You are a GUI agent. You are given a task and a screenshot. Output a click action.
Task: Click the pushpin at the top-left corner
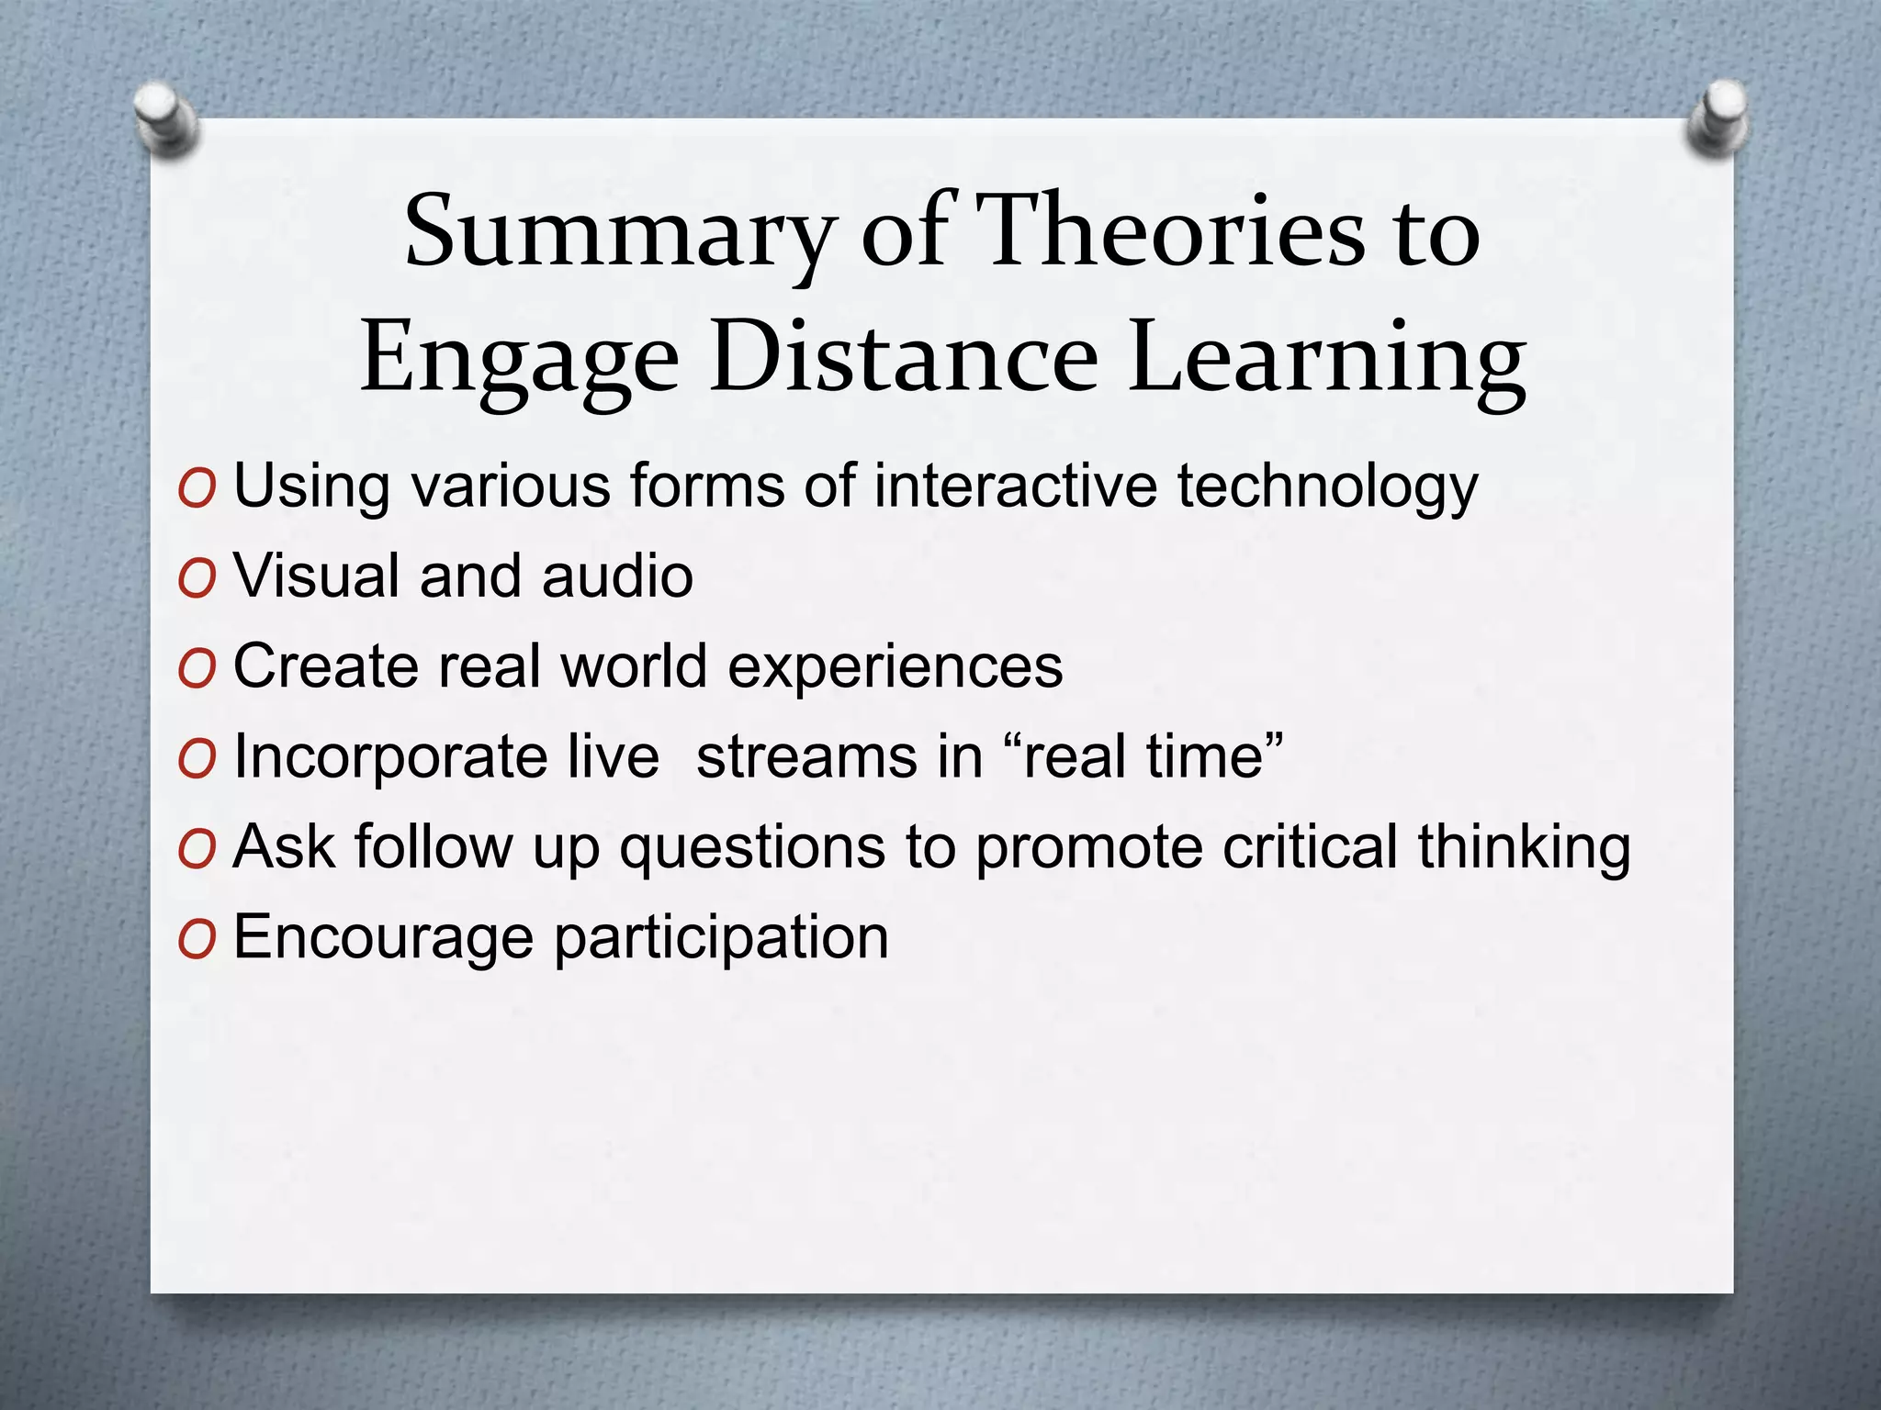coord(166,120)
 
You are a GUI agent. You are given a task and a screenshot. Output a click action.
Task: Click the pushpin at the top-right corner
coord(1718,120)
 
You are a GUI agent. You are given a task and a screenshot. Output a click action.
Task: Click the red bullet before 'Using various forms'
coord(197,489)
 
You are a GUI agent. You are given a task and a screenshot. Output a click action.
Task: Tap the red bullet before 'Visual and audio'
coord(197,579)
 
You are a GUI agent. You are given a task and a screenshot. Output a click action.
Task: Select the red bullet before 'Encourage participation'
coord(197,941)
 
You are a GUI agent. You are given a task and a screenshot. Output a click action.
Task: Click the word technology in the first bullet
coord(1328,487)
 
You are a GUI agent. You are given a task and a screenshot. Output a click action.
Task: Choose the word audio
coord(617,576)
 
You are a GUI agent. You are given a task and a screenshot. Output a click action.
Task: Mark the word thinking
coord(1525,846)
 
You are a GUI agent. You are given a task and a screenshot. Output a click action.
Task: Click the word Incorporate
coord(446,758)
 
